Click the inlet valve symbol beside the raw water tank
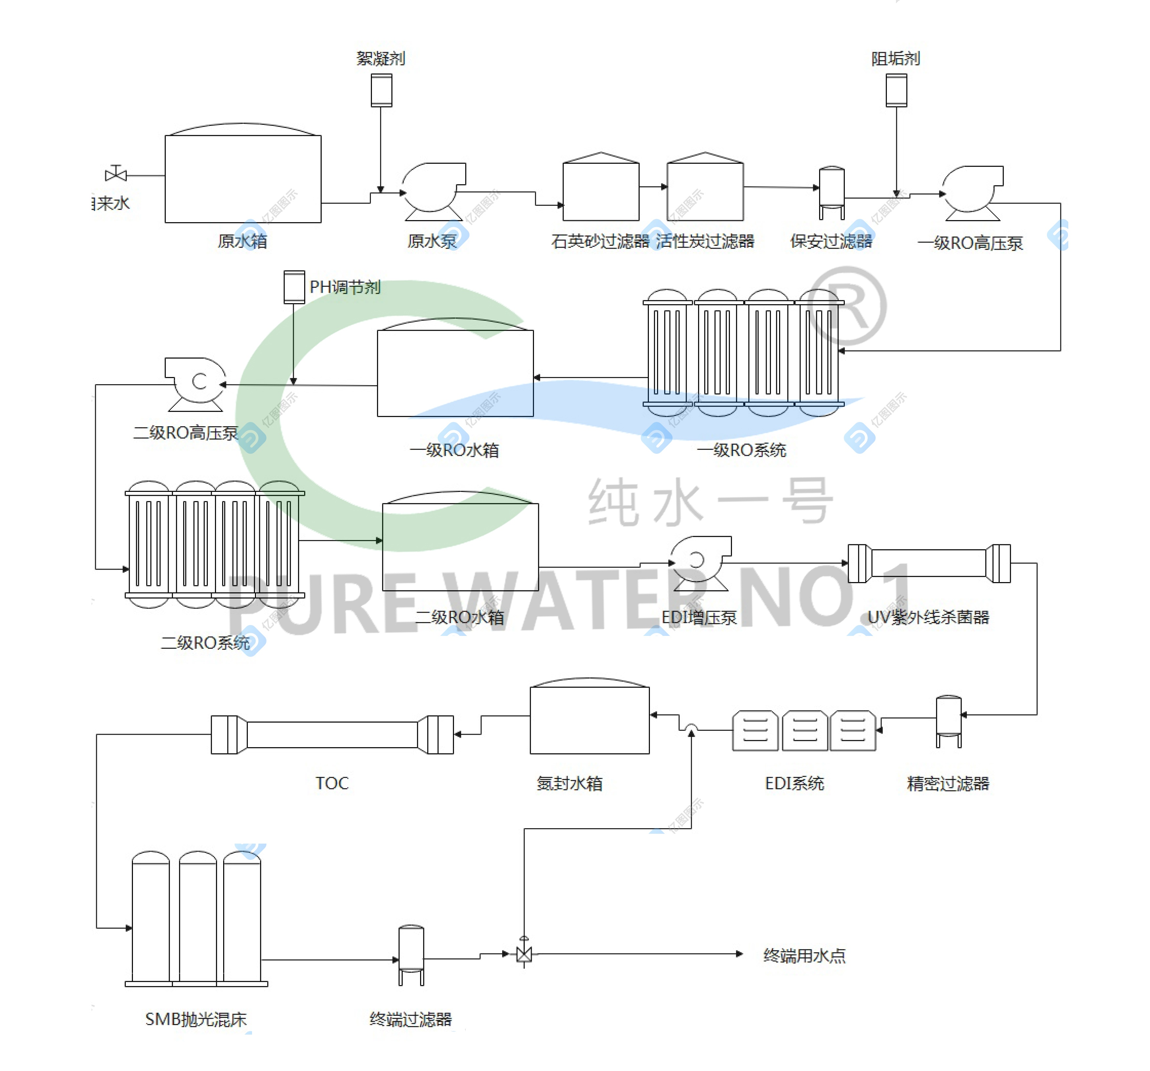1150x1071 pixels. pyautogui.click(x=116, y=174)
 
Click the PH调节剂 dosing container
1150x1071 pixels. pyautogui.click(x=294, y=287)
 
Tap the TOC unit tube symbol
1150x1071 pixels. pyautogui.click(x=332, y=734)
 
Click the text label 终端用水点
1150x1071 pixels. pyautogui.click(x=804, y=955)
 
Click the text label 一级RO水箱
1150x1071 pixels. pyautogui.click(x=454, y=450)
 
